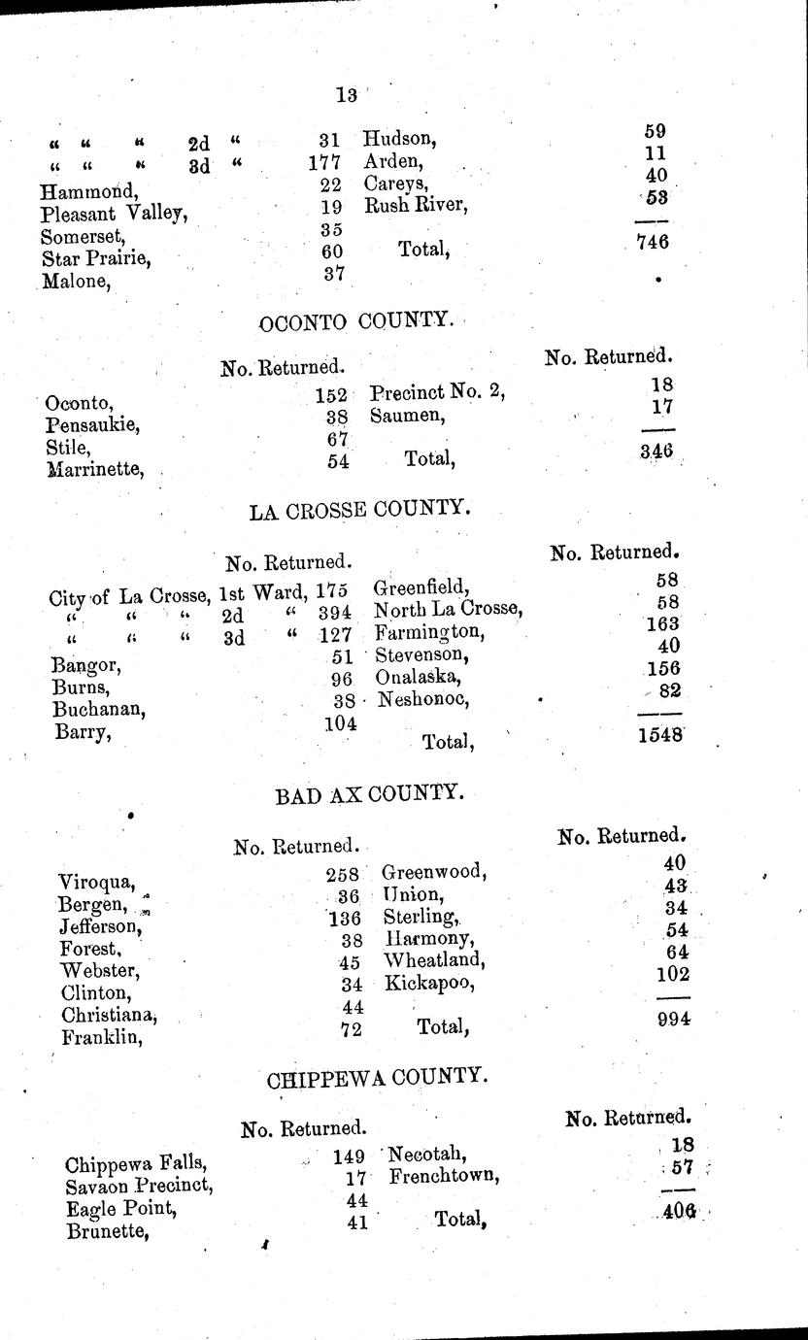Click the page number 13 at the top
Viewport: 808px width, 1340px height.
[346, 94]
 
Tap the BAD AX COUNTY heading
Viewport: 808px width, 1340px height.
[366, 795]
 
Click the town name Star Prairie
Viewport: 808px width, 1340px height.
[95, 259]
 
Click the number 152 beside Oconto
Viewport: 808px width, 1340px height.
[331, 396]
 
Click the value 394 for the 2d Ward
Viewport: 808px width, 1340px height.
[334, 613]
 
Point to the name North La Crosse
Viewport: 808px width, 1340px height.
[449, 610]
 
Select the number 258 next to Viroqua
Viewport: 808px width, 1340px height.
[343, 874]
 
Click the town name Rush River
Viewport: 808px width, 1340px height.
[416, 205]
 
